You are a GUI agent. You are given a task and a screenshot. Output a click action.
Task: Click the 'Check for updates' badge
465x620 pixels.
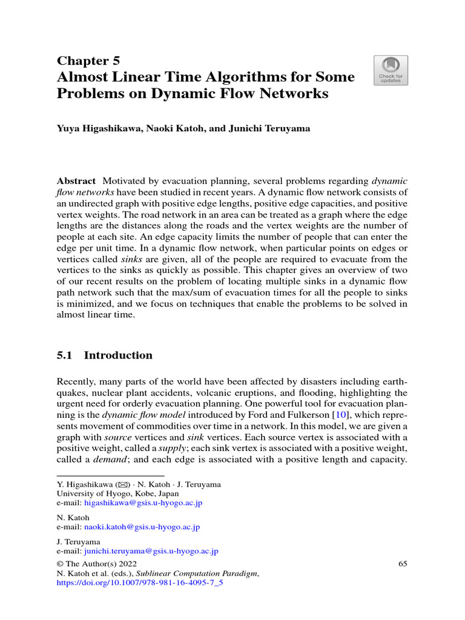[391, 70]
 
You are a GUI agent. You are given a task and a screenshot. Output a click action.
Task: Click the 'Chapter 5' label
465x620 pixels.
[88, 61]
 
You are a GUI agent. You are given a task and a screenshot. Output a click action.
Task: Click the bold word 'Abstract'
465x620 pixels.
[76, 182]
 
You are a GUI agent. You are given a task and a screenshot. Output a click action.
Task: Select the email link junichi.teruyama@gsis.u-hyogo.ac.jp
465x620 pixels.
[151, 552]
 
